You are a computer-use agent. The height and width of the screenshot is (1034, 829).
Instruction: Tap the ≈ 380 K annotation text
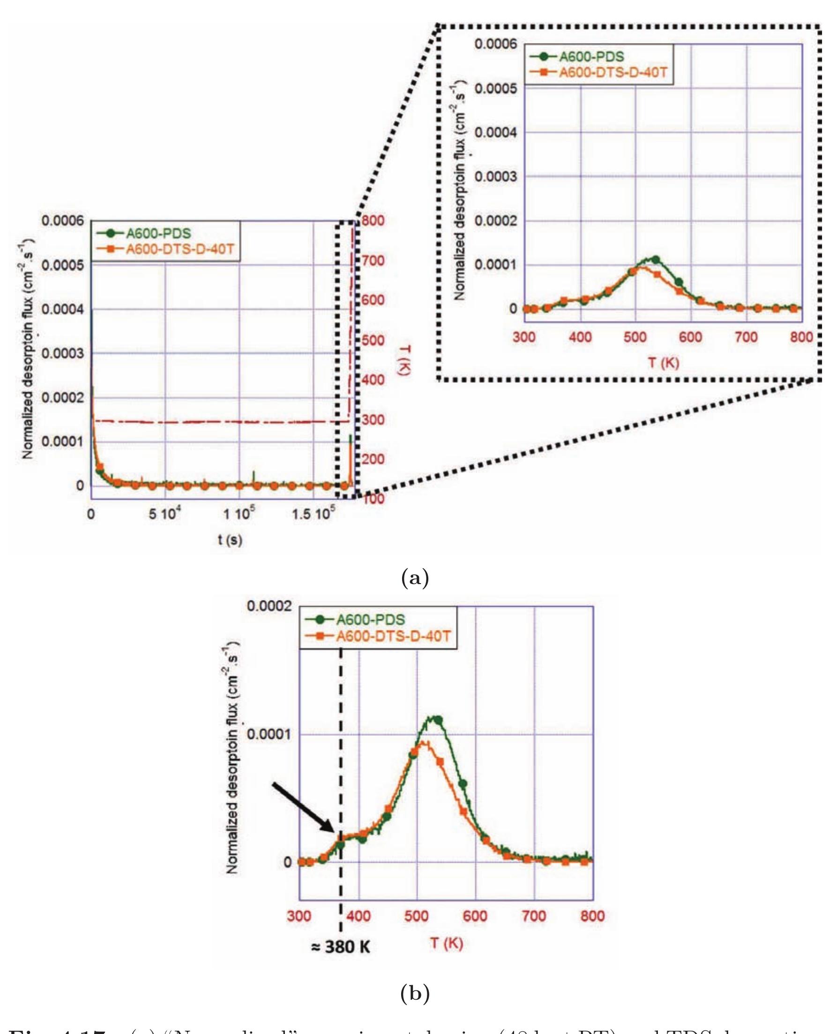(340, 947)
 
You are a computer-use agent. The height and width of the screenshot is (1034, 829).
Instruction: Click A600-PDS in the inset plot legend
(592, 57)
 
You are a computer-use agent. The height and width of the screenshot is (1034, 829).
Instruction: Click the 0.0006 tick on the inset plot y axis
(496, 44)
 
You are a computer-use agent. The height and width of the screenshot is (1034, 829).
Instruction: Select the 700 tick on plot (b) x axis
(534, 916)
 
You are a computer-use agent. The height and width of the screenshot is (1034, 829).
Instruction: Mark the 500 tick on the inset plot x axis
(635, 337)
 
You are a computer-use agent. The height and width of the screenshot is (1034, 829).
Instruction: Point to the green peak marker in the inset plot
(656, 259)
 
